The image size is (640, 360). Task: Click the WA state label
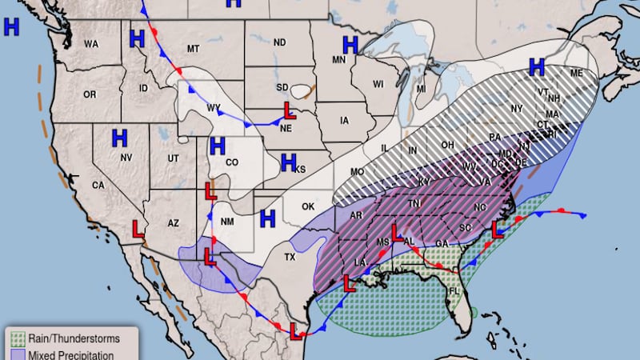click(91, 43)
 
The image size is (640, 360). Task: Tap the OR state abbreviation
click(89, 94)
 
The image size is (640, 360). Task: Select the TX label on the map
click(290, 258)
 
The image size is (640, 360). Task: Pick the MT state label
click(193, 50)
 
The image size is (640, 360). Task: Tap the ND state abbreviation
click(280, 42)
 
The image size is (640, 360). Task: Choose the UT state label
click(173, 159)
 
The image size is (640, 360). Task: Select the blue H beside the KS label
click(290, 163)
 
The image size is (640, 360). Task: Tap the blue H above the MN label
click(350, 45)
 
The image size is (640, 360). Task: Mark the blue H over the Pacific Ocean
click(11, 27)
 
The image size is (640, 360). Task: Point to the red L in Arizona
click(138, 230)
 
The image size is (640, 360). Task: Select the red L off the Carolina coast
click(498, 229)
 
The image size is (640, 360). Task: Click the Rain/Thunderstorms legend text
click(69, 337)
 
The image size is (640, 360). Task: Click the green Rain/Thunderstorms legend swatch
click(18, 337)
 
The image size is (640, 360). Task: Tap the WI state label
click(378, 84)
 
